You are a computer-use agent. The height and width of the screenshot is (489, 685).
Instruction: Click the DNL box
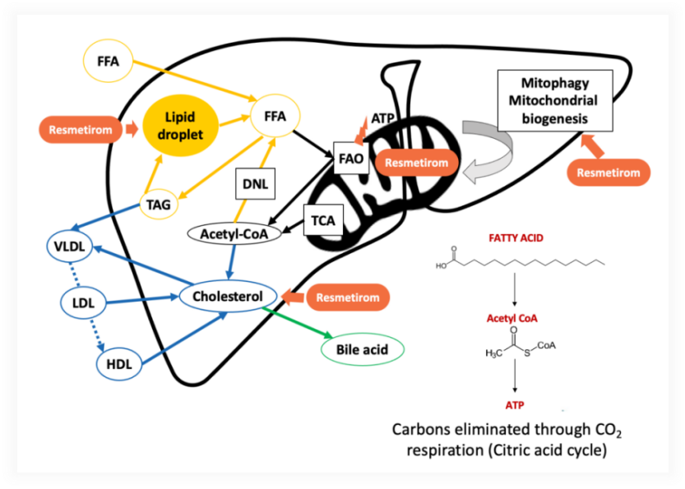click(252, 182)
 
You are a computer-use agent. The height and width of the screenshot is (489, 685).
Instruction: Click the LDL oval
click(84, 302)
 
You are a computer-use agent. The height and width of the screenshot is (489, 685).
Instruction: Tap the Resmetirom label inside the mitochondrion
click(418, 162)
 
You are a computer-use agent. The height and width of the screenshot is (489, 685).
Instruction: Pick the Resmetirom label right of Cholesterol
click(345, 297)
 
